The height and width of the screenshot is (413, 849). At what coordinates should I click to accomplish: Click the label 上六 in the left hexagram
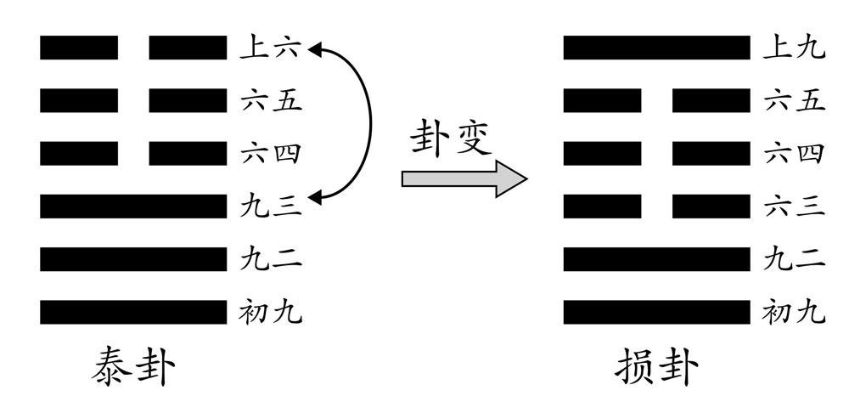[271, 48]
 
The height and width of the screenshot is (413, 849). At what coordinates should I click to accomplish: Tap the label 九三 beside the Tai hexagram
[271, 206]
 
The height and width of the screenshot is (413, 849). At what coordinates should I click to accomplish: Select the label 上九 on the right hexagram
[794, 48]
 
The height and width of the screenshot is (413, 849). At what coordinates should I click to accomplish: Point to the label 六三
[794, 206]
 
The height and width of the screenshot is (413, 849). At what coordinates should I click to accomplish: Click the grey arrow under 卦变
[464, 178]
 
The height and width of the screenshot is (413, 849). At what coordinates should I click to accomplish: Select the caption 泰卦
[133, 370]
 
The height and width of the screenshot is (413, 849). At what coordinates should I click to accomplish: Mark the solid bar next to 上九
[656, 48]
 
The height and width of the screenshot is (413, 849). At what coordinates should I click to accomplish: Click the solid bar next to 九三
[133, 206]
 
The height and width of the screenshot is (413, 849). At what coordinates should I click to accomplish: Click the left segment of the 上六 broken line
[79, 48]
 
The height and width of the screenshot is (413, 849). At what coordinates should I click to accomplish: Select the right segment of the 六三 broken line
[711, 206]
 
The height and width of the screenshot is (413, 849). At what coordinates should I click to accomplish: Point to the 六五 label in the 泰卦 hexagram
[271, 102]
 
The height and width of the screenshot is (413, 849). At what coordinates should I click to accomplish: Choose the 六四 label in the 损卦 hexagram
[794, 155]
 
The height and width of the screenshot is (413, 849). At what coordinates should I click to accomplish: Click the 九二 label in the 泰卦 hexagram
[271, 259]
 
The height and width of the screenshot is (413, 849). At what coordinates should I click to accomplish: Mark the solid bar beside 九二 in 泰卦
[133, 259]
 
